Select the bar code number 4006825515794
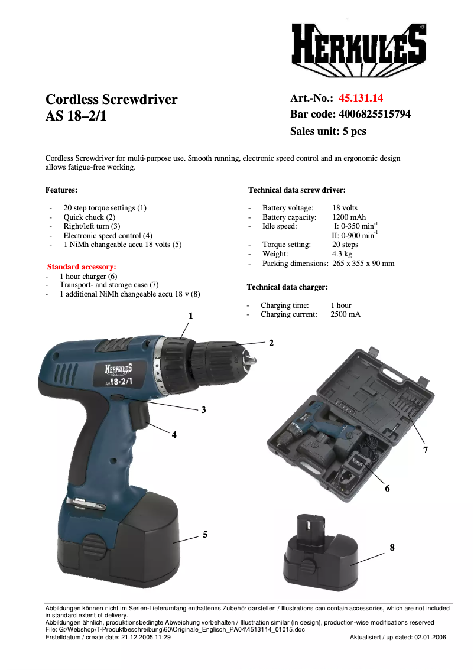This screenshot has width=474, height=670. pos(375,114)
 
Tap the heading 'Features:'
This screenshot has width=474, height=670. pos(61,190)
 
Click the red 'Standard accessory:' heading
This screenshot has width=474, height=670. pos(82,267)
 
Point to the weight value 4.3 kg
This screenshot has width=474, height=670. pos(342,254)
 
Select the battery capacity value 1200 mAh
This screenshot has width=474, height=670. pos(349,217)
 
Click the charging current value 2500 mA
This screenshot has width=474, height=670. pos(345,314)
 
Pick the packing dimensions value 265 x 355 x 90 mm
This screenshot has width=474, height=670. pos(363,264)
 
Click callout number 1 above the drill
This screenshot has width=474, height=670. pos(191,316)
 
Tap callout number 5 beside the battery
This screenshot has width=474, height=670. pos(205,534)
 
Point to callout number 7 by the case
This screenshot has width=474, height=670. pos(425,450)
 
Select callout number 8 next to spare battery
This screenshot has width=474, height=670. pos(392,548)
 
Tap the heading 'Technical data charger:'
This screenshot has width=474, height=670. pos(287,287)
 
